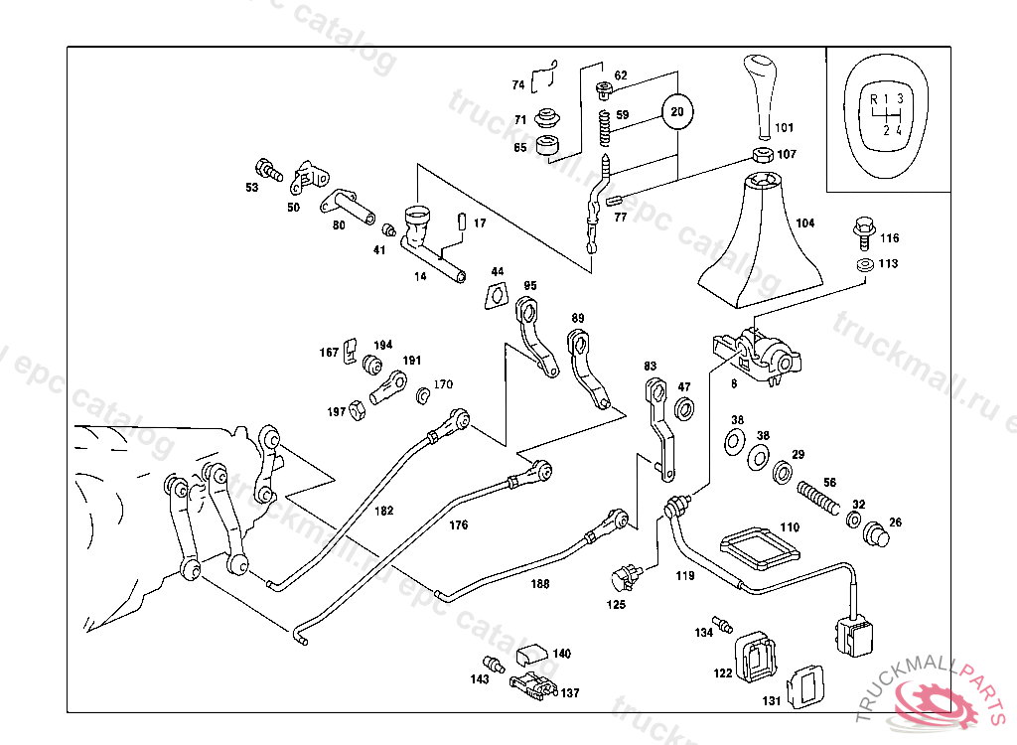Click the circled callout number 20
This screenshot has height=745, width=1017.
pyautogui.click(x=676, y=111)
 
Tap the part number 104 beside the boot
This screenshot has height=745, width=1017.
pyautogui.click(x=804, y=223)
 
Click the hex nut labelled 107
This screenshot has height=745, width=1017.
pyautogui.click(x=761, y=154)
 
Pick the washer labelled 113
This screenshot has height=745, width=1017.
pyautogui.click(x=862, y=265)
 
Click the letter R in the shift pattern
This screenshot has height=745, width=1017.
pyautogui.click(x=873, y=98)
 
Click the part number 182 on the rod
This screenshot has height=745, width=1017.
pyautogui.click(x=384, y=511)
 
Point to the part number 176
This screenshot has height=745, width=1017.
pyautogui.click(x=458, y=524)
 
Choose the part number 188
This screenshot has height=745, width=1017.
pyautogui.click(x=539, y=584)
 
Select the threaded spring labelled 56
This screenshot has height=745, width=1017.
pyautogui.click(x=816, y=494)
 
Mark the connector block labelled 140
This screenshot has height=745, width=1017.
pyautogui.click(x=531, y=654)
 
